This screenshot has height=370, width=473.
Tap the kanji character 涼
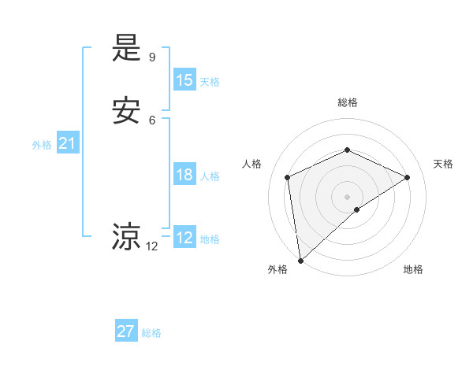pos(127,236)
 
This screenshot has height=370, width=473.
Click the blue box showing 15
pos(184,80)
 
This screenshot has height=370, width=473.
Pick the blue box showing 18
pos(184,175)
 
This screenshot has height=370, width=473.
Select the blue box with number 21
pos(68,143)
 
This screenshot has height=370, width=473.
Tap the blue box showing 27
pos(126,331)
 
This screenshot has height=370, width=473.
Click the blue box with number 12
pos(184,238)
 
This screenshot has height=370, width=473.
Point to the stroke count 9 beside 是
pos(152,57)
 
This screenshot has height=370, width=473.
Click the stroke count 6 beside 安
pos(152,120)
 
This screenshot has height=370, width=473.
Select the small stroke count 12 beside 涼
pos(152,246)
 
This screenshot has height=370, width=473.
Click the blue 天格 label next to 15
pos(210,82)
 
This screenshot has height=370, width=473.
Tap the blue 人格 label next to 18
pos(210,176)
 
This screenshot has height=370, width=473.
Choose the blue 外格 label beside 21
pos(42,145)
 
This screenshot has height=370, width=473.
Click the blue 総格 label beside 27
pos(151,333)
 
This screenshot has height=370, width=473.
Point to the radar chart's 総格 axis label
pos(347,102)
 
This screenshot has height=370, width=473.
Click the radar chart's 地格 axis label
pos(413,269)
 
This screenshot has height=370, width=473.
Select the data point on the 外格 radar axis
pos(300,260)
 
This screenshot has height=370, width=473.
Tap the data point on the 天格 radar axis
pos(408,177)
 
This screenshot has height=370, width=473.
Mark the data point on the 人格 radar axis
pos(288,177)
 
